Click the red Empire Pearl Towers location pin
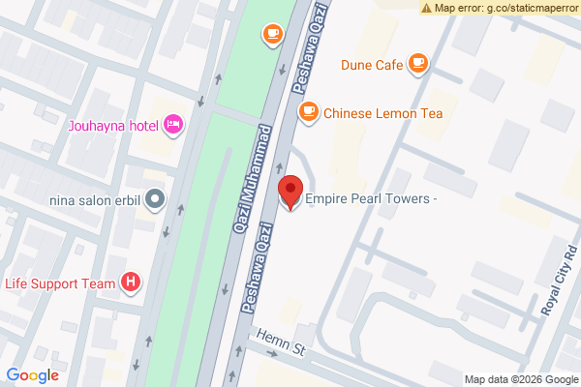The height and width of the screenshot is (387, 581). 289,192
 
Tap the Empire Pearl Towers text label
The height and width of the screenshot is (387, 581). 373,199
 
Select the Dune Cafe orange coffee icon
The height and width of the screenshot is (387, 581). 417,65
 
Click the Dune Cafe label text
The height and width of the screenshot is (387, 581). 370,66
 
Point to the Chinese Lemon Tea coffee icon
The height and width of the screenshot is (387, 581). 308,112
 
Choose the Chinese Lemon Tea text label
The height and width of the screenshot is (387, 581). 382,113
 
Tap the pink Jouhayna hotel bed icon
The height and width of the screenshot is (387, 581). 173,123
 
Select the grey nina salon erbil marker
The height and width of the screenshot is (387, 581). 156,200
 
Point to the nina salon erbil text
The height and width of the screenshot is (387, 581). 95,201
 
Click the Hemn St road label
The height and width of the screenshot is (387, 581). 281,342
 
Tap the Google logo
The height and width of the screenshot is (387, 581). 33,375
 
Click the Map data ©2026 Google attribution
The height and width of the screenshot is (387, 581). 520,378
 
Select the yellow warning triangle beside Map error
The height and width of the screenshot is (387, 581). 426,8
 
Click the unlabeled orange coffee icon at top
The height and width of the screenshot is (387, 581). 272,35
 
